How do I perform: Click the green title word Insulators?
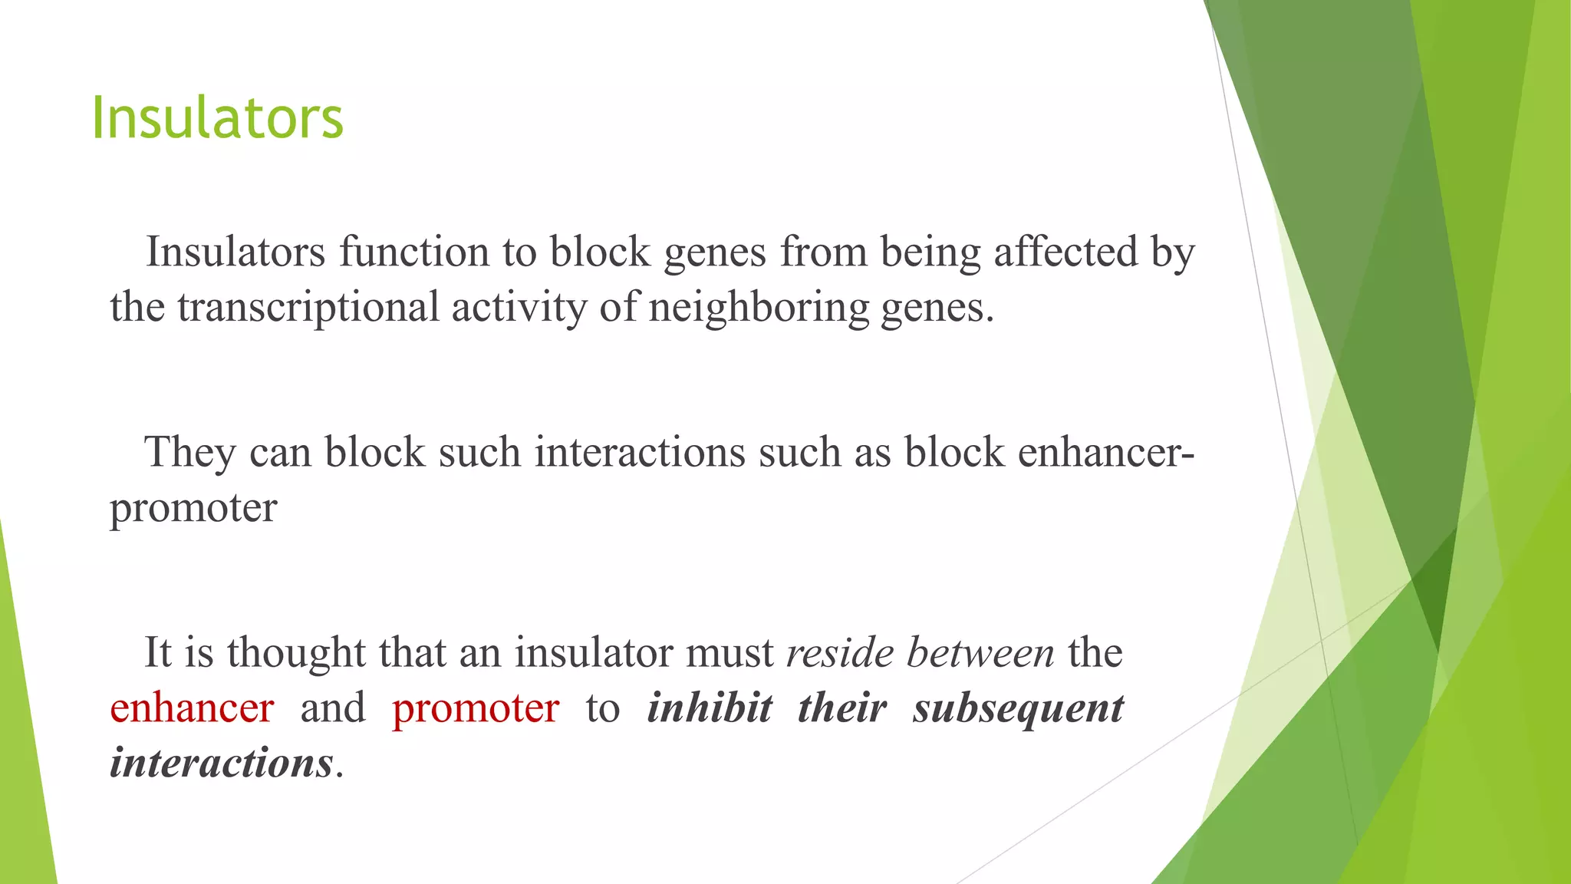click(x=217, y=118)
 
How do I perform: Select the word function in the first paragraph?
click(x=414, y=252)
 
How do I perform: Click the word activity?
click(x=519, y=307)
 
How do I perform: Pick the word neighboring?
click(x=759, y=307)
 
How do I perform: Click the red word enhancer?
click(x=192, y=708)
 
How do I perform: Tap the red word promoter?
click(x=476, y=708)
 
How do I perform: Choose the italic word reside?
click(x=840, y=652)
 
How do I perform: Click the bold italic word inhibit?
click(x=710, y=708)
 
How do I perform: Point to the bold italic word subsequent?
click(x=1018, y=708)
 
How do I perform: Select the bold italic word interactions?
click(x=222, y=763)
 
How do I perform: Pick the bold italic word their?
click(x=842, y=708)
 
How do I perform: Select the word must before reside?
click(x=730, y=652)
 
